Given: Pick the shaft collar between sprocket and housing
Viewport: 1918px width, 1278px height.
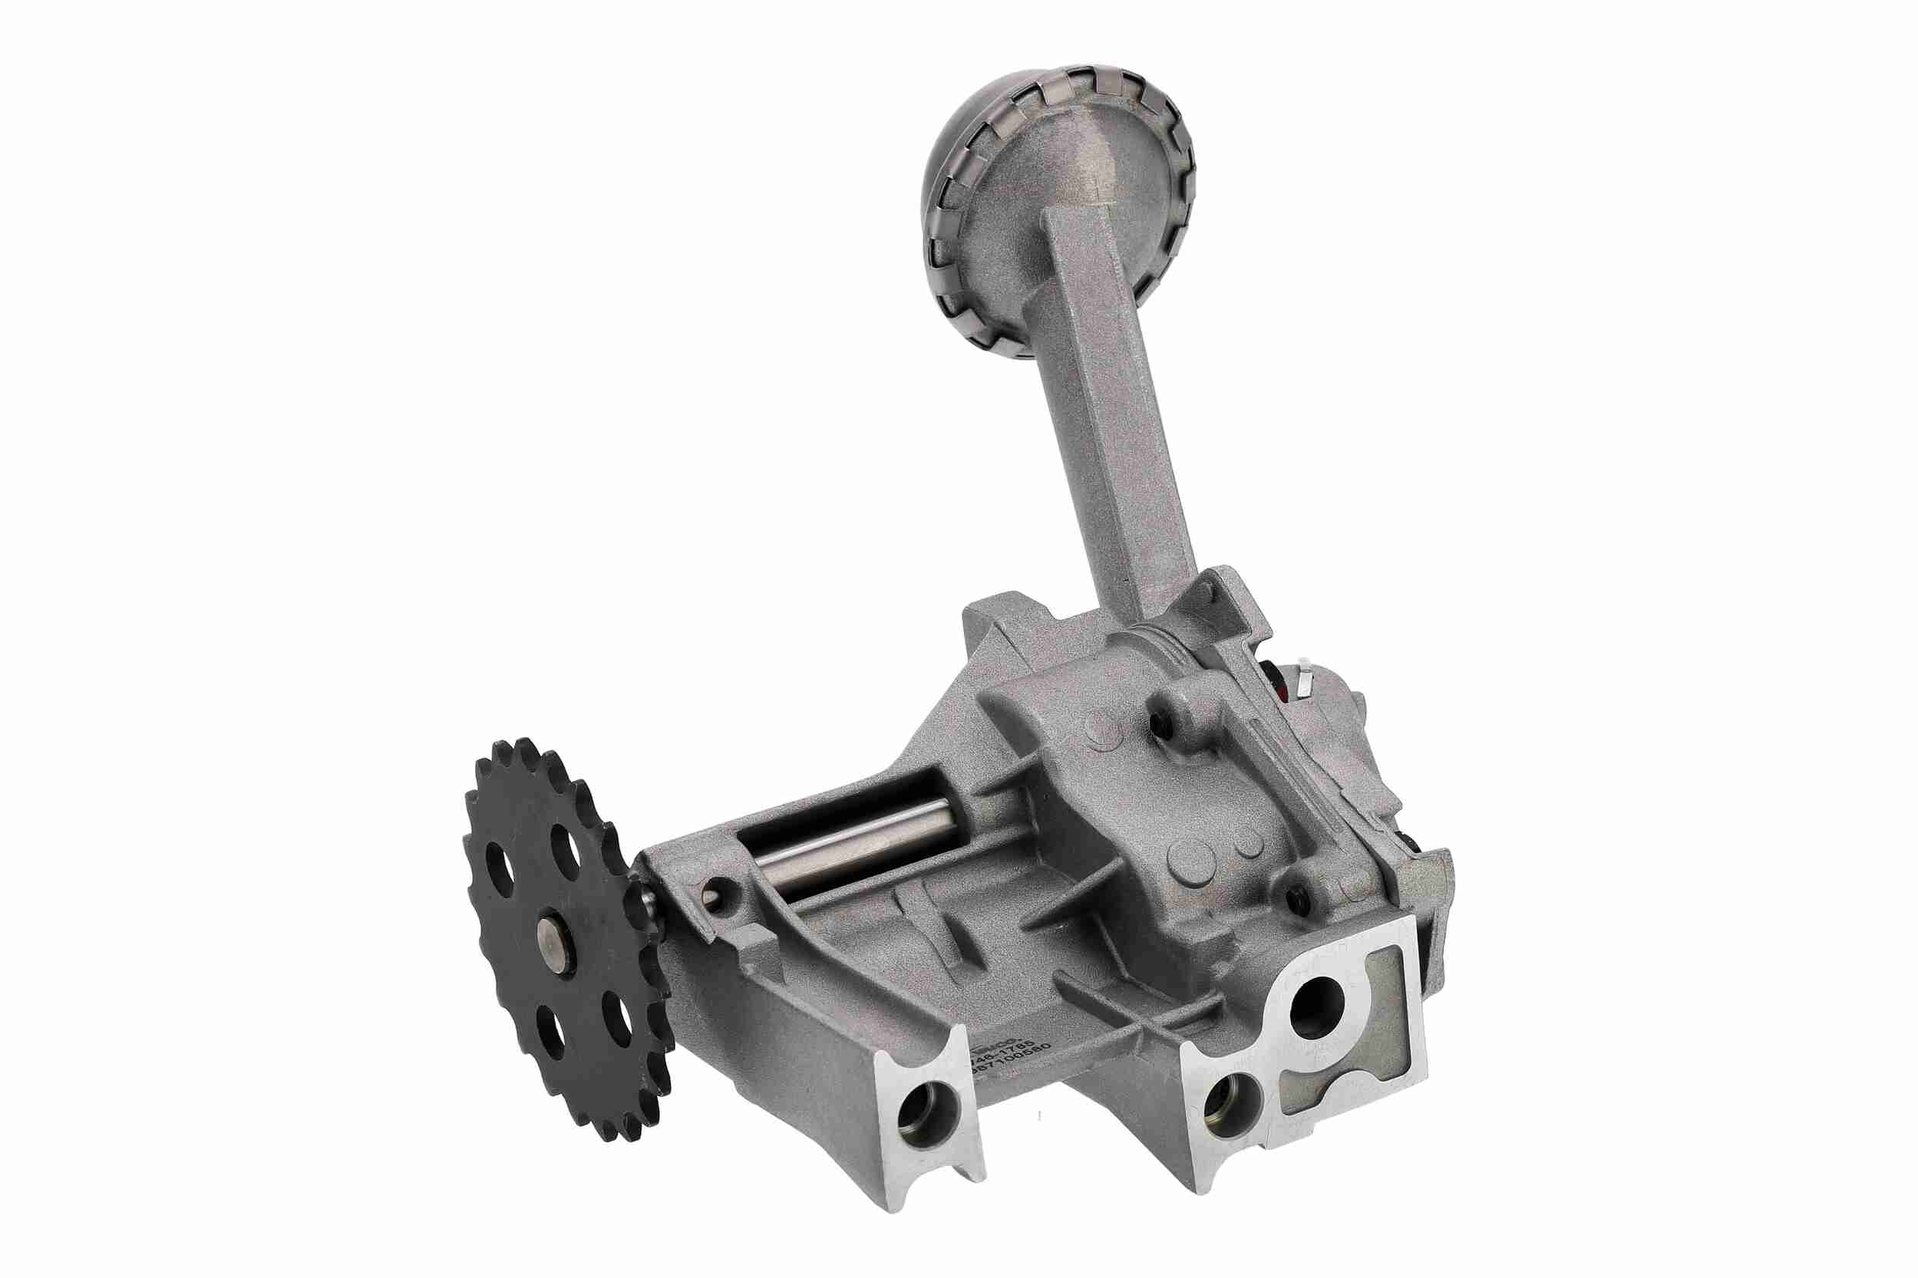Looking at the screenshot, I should click(x=647, y=913).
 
